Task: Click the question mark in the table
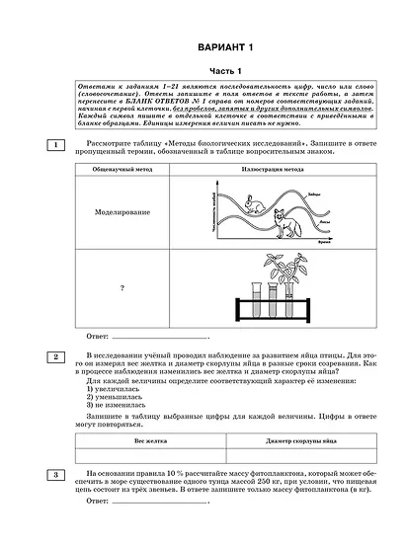pyautogui.click(x=121, y=288)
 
